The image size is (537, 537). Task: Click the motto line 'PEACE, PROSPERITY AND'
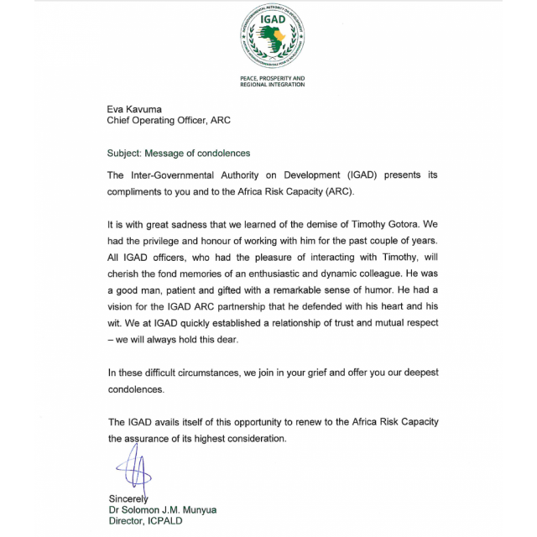(x=273, y=78)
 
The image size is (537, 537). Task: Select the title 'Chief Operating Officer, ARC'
(x=168, y=121)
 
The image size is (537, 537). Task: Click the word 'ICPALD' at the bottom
(x=164, y=521)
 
